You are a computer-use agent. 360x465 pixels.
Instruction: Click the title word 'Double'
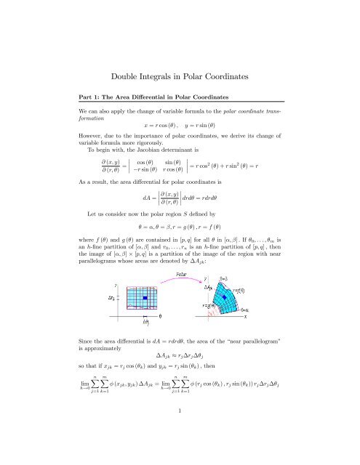tap(129, 54)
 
